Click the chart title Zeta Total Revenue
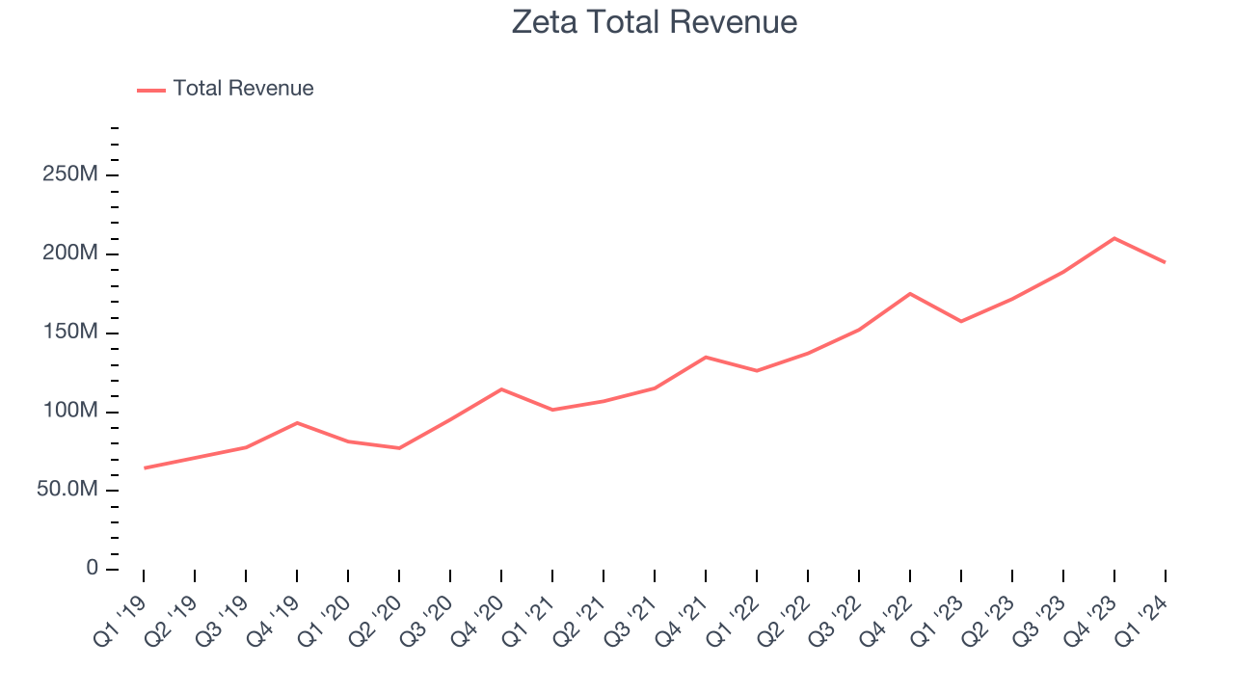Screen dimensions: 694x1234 tap(655, 22)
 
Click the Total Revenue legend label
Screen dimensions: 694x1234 tap(243, 89)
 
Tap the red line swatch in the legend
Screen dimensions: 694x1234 tap(151, 90)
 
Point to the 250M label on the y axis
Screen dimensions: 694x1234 tap(70, 174)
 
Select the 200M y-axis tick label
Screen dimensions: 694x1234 tap(70, 254)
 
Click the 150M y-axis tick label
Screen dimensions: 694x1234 tap(70, 333)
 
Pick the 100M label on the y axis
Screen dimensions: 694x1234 tap(70, 412)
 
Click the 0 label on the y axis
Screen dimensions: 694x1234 tap(92, 569)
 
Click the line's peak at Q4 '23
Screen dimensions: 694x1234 tap(1114, 238)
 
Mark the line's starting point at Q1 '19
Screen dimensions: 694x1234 tap(144, 468)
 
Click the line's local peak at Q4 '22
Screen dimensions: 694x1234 tap(910, 294)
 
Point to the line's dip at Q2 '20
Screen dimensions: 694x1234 tap(399, 448)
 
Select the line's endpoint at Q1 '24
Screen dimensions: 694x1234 tap(1166, 262)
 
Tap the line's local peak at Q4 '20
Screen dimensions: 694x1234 tap(501, 389)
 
